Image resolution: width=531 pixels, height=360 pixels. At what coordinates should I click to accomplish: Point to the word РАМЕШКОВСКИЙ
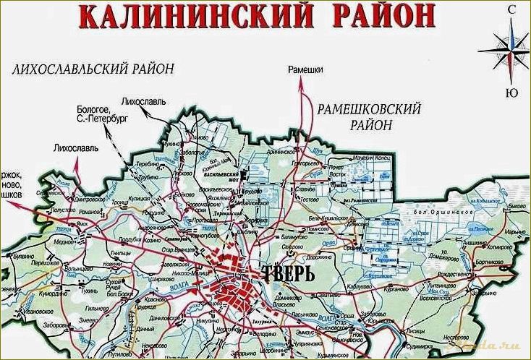coord(368,108)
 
